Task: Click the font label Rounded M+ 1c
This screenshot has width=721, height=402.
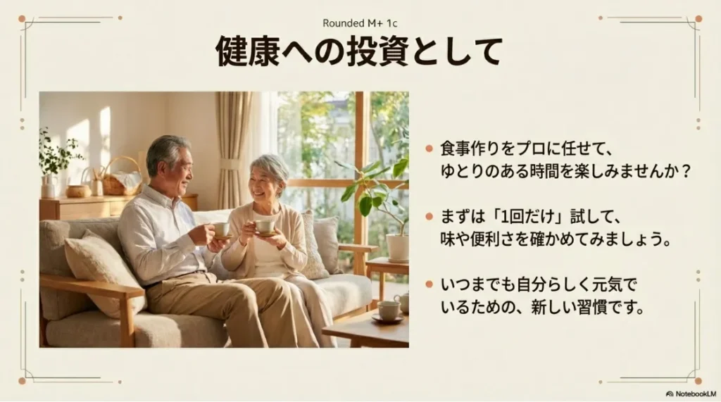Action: point(360,23)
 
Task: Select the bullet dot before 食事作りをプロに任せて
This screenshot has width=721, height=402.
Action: point(429,149)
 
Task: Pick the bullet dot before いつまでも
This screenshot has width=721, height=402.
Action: point(429,286)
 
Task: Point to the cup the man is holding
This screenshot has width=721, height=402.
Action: point(221,230)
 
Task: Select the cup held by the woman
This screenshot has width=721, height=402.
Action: point(265,227)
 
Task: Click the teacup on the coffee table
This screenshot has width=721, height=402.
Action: point(388,310)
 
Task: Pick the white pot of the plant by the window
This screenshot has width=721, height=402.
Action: point(397,247)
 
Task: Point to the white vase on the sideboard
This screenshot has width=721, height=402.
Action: point(49,186)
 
